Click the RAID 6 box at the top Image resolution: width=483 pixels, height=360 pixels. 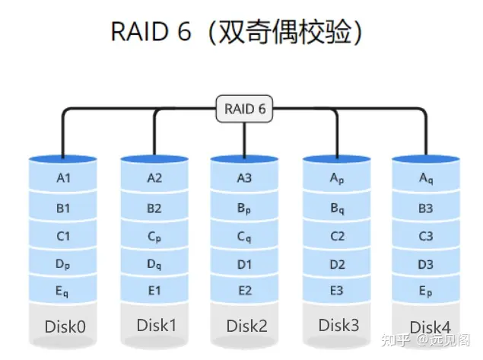(x=245, y=110)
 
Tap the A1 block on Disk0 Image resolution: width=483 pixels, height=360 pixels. (x=63, y=179)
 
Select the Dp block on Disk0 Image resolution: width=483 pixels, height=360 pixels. (x=63, y=265)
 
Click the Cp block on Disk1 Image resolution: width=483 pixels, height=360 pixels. (x=154, y=237)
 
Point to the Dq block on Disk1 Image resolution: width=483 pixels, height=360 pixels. (x=154, y=266)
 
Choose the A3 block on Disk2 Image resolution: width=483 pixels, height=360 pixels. (x=244, y=179)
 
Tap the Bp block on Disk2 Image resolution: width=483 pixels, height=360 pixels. (x=244, y=208)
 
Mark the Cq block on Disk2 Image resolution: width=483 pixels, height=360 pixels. (x=244, y=237)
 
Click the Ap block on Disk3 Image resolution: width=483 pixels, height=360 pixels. (x=337, y=179)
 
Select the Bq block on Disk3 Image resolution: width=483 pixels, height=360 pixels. (x=337, y=208)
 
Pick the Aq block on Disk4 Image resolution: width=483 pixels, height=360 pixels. (x=426, y=179)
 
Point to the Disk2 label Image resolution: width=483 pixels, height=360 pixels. (x=246, y=326)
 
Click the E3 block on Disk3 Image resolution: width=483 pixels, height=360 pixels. (x=337, y=291)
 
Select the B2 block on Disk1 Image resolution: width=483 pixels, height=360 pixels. (x=154, y=208)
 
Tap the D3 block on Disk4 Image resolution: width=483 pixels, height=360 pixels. (x=426, y=265)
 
